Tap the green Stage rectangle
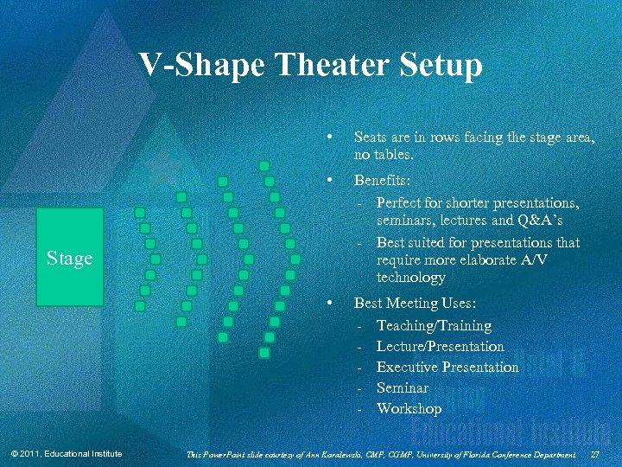pyautogui.click(x=69, y=258)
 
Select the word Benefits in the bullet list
pyautogui.click(x=381, y=182)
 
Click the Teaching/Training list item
pyautogui.click(x=434, y=325)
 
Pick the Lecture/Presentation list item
pyautogui.click(x=440, y=346)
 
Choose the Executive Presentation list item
pyautogui.click(x=447, y=367)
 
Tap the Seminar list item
pyautogui.click(x=402, y=387)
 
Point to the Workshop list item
pyautogui.click(x=409, y=408)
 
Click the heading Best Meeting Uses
pyautogui.click(x=414, y=304)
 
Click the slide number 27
pyautogui.click(x=594, y=454)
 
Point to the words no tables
pyautogui.click(x=384, y=156)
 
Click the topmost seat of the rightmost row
pyautogui.click(x=264, y=165)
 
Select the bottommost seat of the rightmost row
pyautogui.click(x=264, y=352)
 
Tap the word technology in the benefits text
pyautogui.click(x=410, y=278)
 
